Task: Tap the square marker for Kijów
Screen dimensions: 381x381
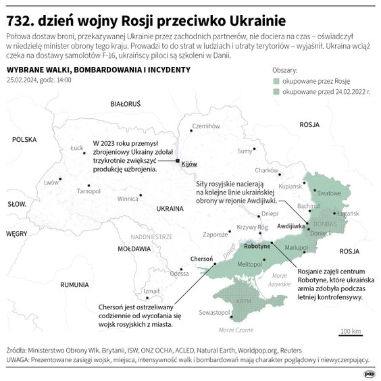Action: pyautogui.click(x=178, y=161)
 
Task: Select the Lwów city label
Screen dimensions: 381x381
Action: pyautogui.click(x=51, y=182)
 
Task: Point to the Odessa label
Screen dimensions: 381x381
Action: pyautogui.click(x=179, y=274)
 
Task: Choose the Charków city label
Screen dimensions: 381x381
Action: pyautogui.click(x=267, y=170)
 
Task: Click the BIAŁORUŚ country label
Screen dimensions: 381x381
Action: pyautogui.click(x=125, y=103)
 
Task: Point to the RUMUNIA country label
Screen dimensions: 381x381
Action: pyautogui.click(x=74, y=285)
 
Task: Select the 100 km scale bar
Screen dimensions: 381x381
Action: pyautogui.click(x=351, y=334)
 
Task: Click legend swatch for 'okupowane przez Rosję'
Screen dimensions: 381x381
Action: pyautogui.click(x=276, y=80)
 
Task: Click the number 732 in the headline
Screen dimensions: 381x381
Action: pyautogui.click(x=20, y=14)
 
